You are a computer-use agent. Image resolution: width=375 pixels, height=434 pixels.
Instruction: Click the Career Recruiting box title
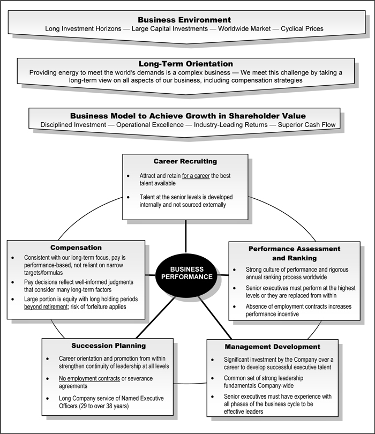[185, 161]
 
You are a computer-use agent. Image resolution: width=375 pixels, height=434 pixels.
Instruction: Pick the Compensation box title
[76, 248]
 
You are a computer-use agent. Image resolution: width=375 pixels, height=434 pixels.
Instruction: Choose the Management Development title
[273, 347]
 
